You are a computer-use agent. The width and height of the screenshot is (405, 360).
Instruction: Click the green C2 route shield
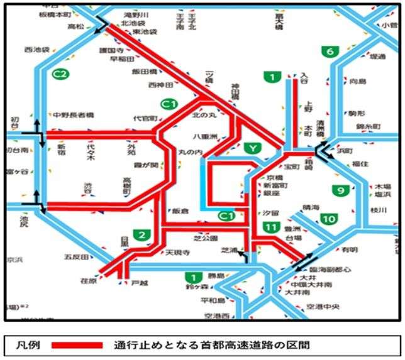61,73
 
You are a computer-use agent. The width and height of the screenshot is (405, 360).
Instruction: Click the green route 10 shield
328,219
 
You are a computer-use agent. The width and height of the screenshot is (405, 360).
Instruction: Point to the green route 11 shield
272,227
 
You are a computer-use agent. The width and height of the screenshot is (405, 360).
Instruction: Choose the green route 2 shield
142,235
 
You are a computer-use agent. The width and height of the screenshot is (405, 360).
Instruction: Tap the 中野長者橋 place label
73,116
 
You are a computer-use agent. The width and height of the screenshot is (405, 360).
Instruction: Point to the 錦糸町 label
368,126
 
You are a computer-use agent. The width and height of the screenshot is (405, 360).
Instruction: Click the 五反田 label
75,256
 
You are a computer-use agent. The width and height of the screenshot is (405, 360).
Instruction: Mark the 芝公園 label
205,239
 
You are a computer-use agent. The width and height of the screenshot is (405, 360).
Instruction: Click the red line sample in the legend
76,345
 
